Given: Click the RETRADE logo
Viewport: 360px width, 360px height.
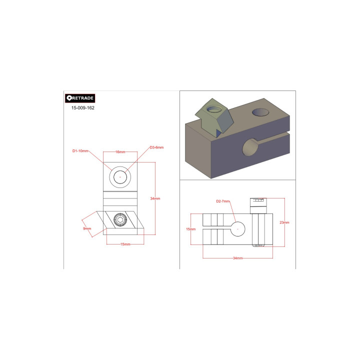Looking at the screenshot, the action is click(80, 98).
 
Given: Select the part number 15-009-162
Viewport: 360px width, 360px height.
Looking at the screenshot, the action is click(83, 108).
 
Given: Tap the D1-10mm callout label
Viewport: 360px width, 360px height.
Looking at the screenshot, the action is click(80, 151).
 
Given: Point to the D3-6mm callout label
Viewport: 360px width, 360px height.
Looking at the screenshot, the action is click(156, 147).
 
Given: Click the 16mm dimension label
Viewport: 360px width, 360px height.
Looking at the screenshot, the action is click(120, 152).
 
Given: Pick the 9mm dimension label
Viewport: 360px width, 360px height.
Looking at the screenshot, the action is click(87, 228).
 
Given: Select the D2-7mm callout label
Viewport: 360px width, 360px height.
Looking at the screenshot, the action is click(222, 201).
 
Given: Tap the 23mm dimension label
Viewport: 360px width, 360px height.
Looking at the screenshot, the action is click(284, 222).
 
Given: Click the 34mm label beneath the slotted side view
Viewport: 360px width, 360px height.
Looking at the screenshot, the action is click(238, 258).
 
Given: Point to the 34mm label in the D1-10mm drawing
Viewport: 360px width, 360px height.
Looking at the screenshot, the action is click(155, 198).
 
